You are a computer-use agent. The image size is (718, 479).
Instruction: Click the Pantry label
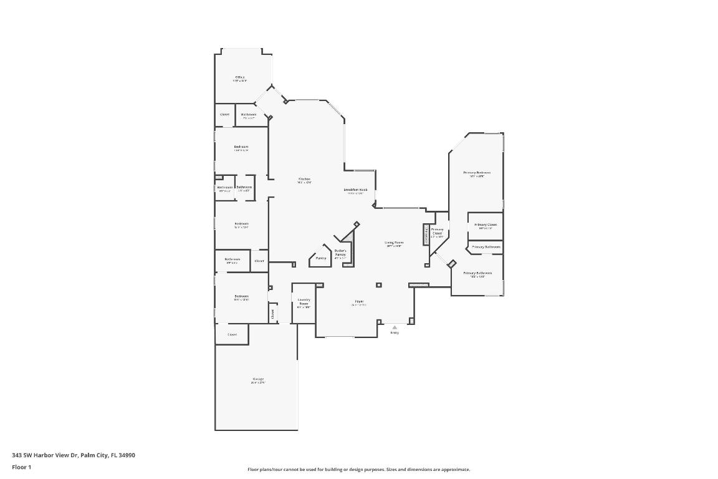coord(321,258)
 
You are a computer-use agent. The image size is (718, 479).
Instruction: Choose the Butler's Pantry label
coord(340,253)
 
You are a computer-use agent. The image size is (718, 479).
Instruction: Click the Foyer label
coord(359,302)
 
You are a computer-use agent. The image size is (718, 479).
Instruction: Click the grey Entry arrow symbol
coord(394,327)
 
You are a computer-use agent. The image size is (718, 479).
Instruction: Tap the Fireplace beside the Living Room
coord(426,235)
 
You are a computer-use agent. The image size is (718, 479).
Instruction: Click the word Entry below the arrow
coord(394,333)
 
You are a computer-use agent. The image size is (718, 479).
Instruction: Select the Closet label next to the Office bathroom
coord(224,114)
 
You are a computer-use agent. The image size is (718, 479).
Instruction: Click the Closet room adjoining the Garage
coord(232,334)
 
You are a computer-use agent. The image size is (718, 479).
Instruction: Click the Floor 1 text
coord(21,467)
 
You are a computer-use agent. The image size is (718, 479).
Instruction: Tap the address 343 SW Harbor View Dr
coord(74,455)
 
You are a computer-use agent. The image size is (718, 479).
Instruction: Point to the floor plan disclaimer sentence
coord(359,469)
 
